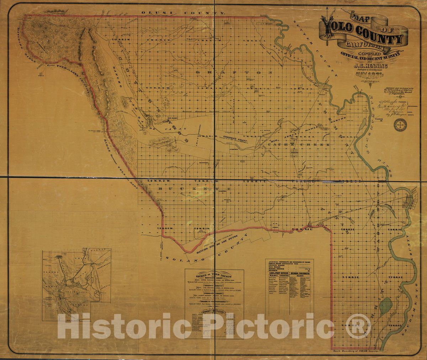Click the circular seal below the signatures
click(x=400, y=124)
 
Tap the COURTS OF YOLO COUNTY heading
click(x=214, y=275)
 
